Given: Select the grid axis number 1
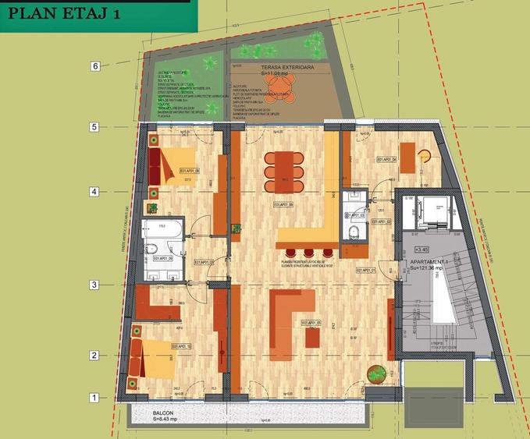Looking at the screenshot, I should tap(94, 398).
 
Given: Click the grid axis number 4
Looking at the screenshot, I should tap(94, 192).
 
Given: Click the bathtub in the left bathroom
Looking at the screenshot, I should tap(162, 232).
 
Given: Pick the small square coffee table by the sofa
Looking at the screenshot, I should tap(312, 338).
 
